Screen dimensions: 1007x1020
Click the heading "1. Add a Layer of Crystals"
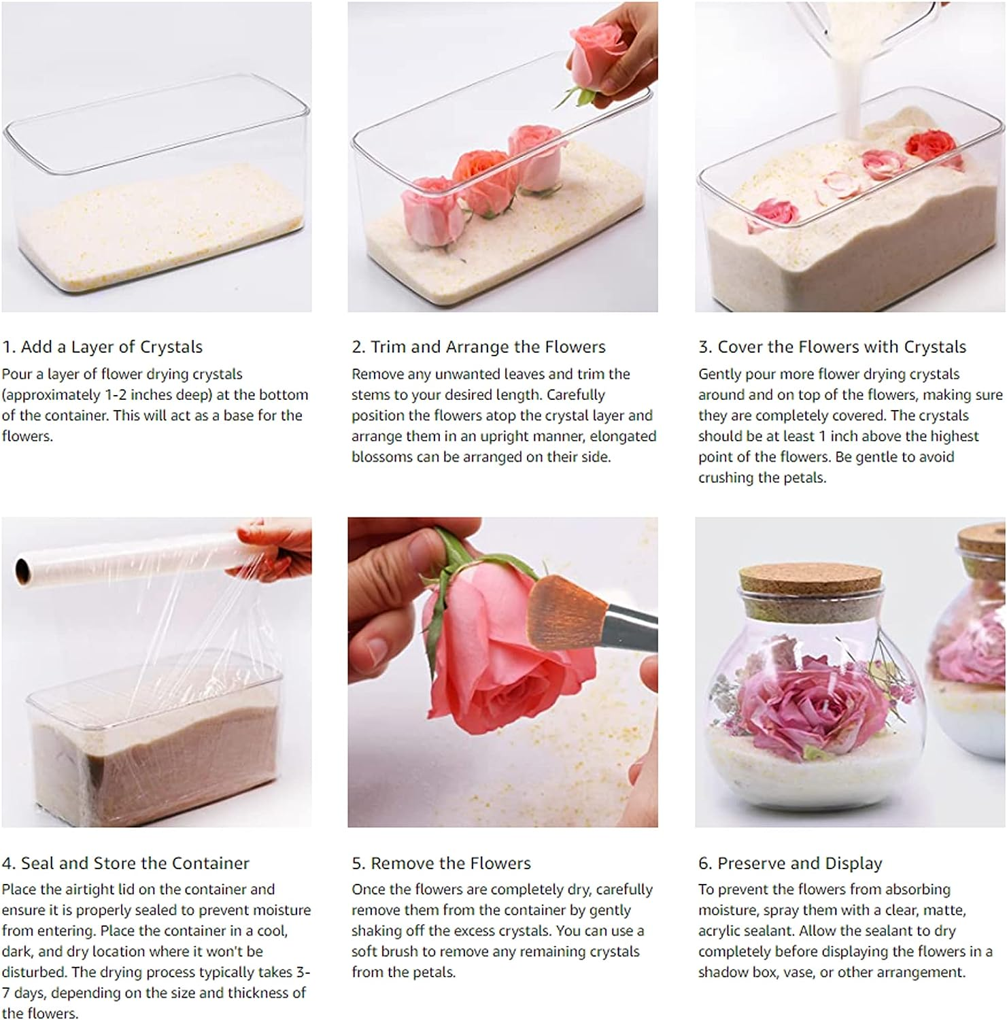point(102,347)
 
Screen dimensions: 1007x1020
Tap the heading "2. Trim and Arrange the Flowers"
point(479,347)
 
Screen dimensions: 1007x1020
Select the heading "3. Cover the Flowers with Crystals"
point(832,347)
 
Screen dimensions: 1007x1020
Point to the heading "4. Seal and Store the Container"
point(126,863)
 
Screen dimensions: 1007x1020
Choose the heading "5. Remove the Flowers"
point(441,863)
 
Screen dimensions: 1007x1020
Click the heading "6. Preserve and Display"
point(790,863)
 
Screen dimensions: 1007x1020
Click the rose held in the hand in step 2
point(593,61)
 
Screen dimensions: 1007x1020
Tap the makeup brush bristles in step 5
point(559,610)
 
